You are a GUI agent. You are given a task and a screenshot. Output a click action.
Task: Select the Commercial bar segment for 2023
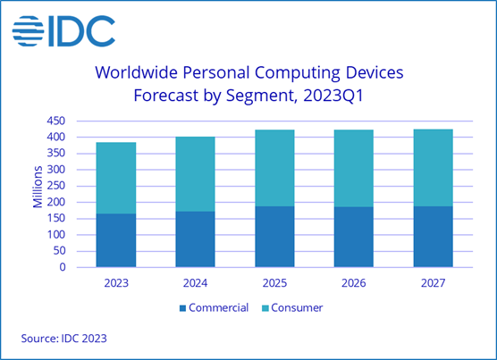[116, 239]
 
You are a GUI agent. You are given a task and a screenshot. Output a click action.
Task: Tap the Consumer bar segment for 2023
[116, 178]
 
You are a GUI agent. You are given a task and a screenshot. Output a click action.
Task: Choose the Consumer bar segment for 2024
[195, 173]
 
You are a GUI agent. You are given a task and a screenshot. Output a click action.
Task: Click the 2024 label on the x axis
[195, 281]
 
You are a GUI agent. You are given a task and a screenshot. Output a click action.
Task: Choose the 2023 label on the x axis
[116, 281]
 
